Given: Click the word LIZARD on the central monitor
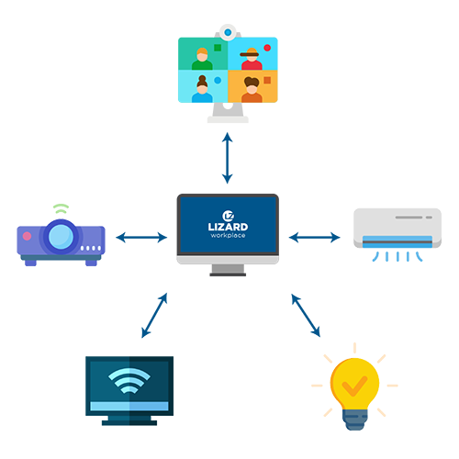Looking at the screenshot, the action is [x=228, y=227].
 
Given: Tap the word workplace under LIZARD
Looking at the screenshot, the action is [x=228, y=235].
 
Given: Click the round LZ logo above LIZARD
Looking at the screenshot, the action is [x=229, y=216].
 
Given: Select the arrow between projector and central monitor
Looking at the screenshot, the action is [x=141, y=237].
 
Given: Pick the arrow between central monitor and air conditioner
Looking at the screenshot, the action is [x=314, y=237].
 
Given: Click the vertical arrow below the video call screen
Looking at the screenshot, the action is [x=228, y=158].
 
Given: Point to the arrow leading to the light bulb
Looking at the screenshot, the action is [x=306, y=316].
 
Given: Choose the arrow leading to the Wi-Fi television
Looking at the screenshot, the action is [x=154, y=316].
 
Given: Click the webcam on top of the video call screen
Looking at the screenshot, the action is [x=228, y=32].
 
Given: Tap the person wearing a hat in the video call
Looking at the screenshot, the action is [x=252, y=59].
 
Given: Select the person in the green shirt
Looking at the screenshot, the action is [x=202, y=59].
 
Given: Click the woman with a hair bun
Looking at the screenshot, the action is [x=202, y=89].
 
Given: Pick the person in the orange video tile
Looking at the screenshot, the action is [x=252, y=89].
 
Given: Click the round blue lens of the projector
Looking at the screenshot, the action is [x=61, y=237].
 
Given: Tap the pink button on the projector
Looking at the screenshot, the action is [x=27, y=236].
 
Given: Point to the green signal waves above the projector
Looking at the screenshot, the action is [x=61, y=208].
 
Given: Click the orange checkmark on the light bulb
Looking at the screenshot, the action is [x=354, y=386].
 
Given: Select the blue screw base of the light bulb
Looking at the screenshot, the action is [x=355, y=420].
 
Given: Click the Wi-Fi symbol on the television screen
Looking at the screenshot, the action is [x=129, y=381].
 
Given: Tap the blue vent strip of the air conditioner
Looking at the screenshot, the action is [x=397, y=241].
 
